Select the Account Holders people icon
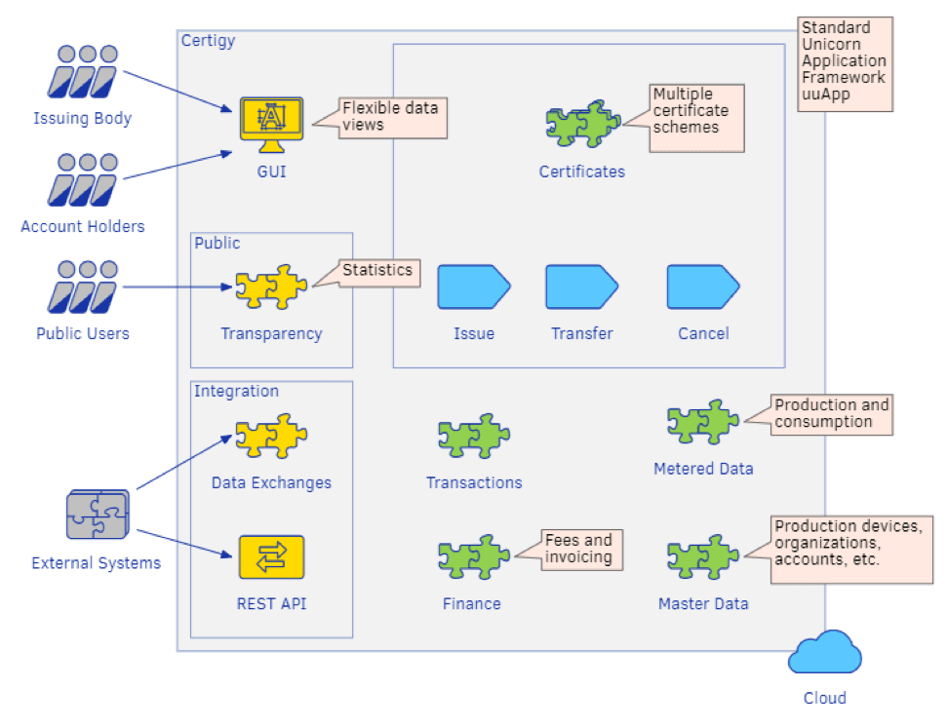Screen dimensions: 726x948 [x=82, y=180]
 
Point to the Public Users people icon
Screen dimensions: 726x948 [x=82, y=287]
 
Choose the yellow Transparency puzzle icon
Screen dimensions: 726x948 [x=271, y=287]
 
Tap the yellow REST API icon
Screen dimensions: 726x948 [x=271, y=557]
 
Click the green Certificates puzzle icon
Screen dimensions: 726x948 [x=581, y=125]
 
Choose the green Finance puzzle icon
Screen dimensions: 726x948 [x=474, y=557]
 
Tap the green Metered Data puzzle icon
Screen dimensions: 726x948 [x=703, y=422]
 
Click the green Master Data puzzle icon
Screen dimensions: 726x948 [x=703, y=557]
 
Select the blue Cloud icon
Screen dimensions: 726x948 [x=825, y=652]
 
